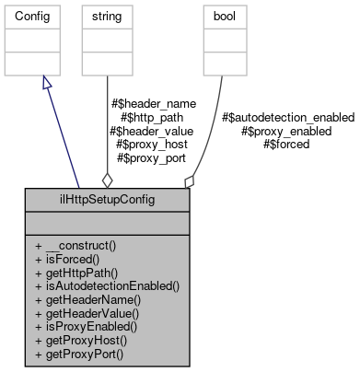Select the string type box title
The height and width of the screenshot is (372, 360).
tap(100, 17)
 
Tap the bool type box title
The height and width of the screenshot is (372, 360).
tap(222, 17)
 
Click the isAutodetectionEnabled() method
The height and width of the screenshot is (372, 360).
tap(106, 286)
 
